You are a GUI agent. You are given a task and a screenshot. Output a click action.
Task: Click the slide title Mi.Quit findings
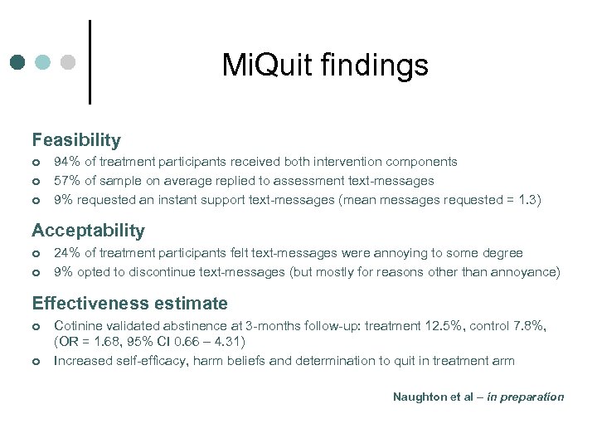tap(325, 65)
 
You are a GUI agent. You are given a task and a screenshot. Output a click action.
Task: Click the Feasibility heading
tap(76, 140)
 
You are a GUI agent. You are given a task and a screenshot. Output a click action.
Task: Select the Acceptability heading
tap(88, 231)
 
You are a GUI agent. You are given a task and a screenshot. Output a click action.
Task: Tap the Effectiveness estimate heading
tap(129, 304)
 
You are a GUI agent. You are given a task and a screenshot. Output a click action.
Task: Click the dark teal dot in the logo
tap(17, 62)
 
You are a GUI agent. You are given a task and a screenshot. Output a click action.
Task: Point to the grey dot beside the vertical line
tap(69, 62)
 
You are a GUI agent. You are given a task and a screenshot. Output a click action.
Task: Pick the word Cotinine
tap(79, 326)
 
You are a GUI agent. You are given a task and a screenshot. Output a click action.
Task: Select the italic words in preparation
tap(526, 397)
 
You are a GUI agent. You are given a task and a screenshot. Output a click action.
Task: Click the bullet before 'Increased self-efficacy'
tap(36, 361)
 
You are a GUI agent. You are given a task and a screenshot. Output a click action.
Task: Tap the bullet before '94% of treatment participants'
tap(36, 163)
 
